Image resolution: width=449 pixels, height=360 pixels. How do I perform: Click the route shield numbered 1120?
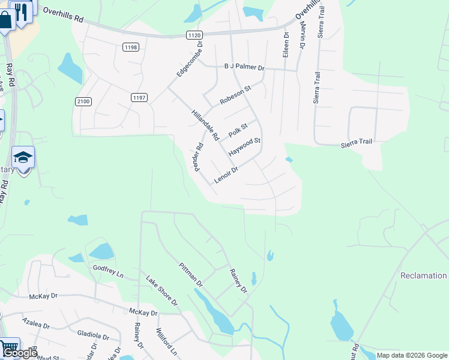194,36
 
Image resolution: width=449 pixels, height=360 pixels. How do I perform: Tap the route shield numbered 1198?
130,47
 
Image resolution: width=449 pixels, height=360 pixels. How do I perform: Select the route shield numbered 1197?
139,97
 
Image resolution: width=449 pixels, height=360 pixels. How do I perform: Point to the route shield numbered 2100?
83,101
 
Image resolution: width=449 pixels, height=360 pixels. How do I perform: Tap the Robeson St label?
235,95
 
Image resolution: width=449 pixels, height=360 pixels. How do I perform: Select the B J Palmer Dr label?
244,68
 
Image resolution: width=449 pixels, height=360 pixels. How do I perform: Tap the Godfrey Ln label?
108,271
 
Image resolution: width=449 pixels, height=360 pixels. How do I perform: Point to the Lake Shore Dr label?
163,290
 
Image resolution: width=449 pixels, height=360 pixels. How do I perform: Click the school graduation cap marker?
23,158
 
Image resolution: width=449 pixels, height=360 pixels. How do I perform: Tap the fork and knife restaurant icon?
22,11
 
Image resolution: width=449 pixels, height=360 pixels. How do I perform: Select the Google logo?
20,353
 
